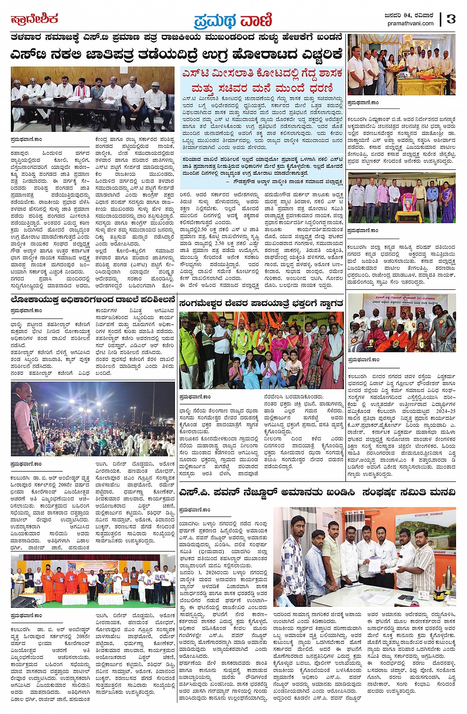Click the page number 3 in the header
[x=450, y=19]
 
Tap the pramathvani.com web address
[x=410, y=23]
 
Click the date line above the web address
[x=409, y=15]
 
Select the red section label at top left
[x=34, y=19]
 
